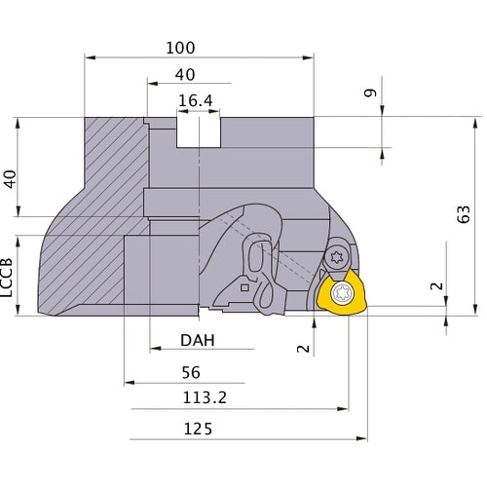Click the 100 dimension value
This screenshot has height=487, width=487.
[180, 47]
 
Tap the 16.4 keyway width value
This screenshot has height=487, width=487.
[196, 100]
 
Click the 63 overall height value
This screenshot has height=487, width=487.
[465, 215]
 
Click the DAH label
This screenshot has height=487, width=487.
[198, 341]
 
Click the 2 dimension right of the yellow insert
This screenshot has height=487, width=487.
[435, 287]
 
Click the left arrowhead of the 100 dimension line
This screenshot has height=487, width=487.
[89, 57]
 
